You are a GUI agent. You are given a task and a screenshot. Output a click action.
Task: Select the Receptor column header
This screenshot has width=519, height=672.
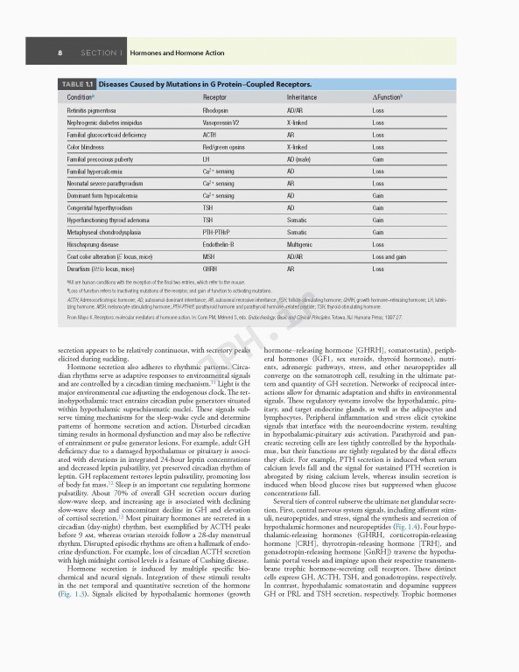214,96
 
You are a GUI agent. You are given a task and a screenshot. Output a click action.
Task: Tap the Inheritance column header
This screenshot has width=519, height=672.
302,96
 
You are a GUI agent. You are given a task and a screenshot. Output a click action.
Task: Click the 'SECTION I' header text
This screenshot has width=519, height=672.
101,53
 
